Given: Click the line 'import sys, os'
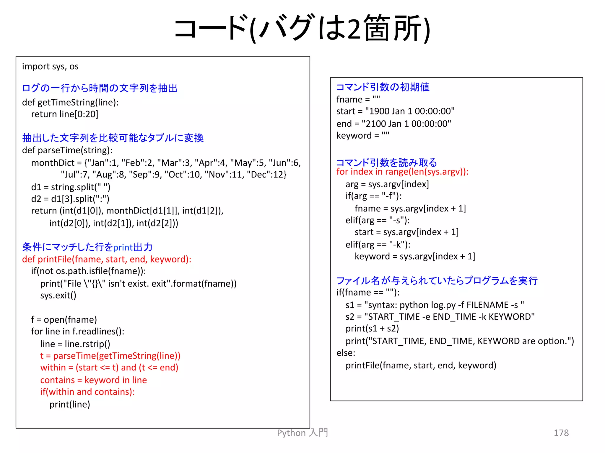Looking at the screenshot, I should coord(50,66).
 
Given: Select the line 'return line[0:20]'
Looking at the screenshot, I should coord(64,114).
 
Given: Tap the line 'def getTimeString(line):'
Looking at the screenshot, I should coord(70,102).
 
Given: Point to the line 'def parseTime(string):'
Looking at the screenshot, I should coord(67,150).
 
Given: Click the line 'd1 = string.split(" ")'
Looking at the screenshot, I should coord(71,187).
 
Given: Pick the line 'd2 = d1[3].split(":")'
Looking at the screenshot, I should coord(70,199).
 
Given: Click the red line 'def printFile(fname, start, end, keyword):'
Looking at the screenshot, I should coord(107,259).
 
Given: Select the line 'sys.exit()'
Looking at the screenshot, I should coord(58,296).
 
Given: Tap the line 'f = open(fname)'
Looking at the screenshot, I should coord(64,320).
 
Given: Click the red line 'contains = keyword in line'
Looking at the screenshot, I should coord(93,380).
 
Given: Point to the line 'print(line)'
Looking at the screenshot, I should coord(70,404).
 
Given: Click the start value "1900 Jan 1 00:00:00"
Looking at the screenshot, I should coord(410,111).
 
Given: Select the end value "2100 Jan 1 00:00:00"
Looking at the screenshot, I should coord(406,124).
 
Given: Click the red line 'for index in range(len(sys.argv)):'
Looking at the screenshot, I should coord(402,172).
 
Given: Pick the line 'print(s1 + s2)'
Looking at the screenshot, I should coord(372,329).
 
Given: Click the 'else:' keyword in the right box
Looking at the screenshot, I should coord(346,353).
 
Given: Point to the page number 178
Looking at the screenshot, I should coord(561,433).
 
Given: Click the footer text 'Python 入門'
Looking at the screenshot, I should coord(302,433).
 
